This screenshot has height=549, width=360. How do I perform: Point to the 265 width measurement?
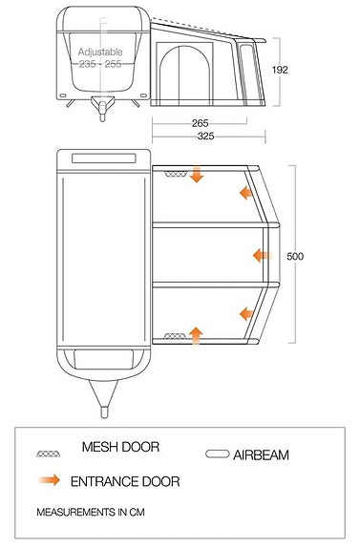click(x=200, y=122)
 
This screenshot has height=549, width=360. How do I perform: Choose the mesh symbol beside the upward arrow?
click(x=174, y=336)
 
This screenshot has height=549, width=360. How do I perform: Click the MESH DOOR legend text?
click(x=119, y=447)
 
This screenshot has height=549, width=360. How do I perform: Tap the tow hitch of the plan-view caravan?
click(x=102, y=402)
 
